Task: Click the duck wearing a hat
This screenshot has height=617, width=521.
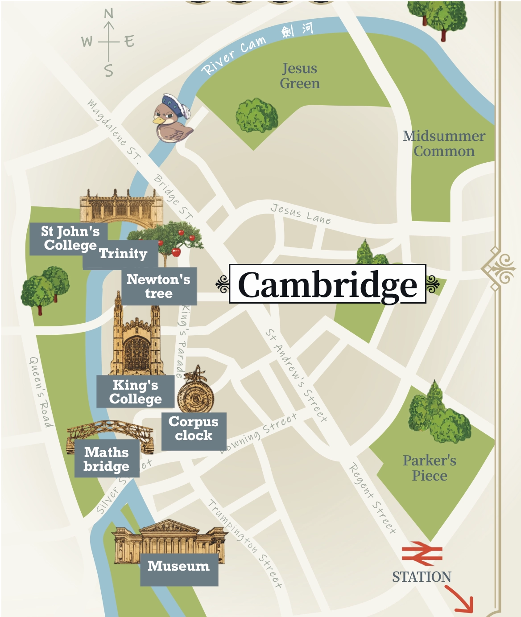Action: point(173,119)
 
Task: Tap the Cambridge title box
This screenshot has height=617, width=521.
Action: point(327,284)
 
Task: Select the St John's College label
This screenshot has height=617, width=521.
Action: point(69,239)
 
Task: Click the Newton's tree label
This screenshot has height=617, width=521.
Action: point(158,286)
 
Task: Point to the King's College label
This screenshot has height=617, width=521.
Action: point(135,392)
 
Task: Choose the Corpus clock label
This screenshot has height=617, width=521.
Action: point(194,428)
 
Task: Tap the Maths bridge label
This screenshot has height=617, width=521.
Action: point(107,459)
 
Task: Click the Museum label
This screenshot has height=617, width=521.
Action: point(178,566)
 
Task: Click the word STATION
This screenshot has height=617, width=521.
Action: point(422,577)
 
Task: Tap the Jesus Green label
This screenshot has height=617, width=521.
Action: point(300,76)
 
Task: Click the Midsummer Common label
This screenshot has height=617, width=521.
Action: point(444,144)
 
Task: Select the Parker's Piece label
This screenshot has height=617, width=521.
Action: point(429,468)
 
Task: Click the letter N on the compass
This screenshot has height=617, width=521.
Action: point(108,14)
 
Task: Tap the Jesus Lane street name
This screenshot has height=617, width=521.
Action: point(301,214)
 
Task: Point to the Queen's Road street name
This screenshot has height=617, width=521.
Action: point(41,392)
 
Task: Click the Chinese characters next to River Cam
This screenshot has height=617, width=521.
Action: point(297,30)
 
